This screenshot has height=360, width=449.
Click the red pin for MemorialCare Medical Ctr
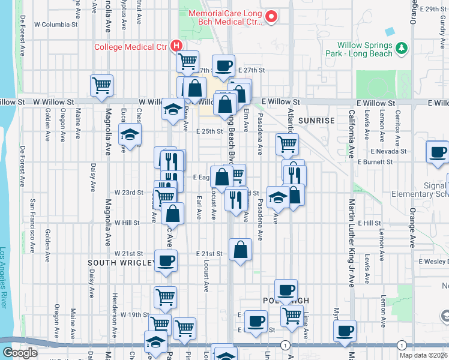point(271,16)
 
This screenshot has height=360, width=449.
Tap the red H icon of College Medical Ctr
point(176,46)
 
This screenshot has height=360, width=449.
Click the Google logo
point(20,353)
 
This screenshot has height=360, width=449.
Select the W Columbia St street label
point(56,25)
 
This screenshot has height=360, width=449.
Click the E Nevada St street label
point(389,151)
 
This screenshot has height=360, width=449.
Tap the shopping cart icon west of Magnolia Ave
point(101,85)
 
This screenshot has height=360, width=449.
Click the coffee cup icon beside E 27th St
point(223,65)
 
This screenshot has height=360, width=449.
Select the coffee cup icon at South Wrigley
point(166,260)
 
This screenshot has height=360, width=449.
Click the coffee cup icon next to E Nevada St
point(437,151)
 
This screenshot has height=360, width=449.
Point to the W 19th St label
point(134,314)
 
